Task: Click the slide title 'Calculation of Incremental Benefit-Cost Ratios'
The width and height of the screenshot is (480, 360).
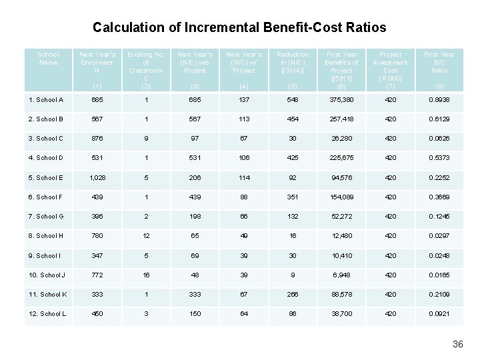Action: (x=239, y=27)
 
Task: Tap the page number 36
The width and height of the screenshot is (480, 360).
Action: (x=457, y=344)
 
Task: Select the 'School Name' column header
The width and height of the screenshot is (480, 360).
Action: (x=48, y=59)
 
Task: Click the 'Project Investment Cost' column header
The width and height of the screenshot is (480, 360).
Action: (x=390, y=66)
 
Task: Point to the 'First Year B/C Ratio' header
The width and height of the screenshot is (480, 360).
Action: (x=439, y=62)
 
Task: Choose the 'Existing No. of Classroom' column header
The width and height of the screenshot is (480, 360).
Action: (x=145, y=66)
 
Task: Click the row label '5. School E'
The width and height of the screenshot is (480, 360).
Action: (x=46, y=178)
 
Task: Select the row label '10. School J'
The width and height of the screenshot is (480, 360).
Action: (x=47, y=275)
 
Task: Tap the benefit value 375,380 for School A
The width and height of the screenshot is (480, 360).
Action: (x=341, y=100)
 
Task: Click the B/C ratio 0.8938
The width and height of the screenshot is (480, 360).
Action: (x=439, y=100)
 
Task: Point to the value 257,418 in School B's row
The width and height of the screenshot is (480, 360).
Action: (x=341, y=119)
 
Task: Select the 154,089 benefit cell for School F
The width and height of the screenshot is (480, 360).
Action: (x=341, y=197)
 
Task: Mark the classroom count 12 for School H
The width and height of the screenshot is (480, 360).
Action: (x=145, y=236)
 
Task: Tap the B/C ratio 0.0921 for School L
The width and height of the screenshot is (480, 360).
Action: (x=439, y=314)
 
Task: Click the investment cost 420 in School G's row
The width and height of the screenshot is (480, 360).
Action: (x=390, y=217)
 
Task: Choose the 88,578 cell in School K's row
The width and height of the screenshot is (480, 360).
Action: (x=341, y=295)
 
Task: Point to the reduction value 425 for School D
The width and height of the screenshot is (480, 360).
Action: (x=293, y=159)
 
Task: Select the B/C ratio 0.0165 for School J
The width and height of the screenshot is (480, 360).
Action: (x=439, y=275)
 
